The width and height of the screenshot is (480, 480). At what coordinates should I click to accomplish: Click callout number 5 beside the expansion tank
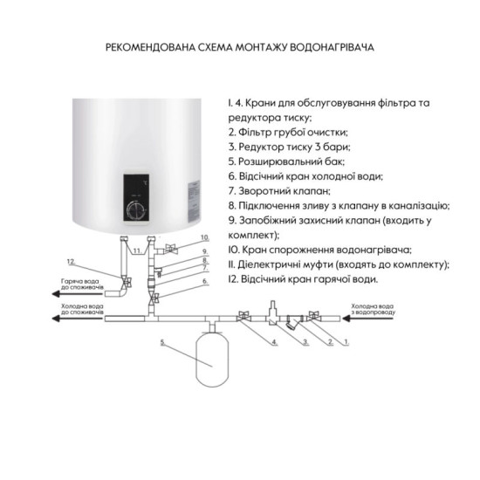[x=162, y=341]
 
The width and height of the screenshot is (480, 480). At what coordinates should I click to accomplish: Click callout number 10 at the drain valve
[x=205, y=237]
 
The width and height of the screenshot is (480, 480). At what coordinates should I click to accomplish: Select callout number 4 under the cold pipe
[x=273, y=342]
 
